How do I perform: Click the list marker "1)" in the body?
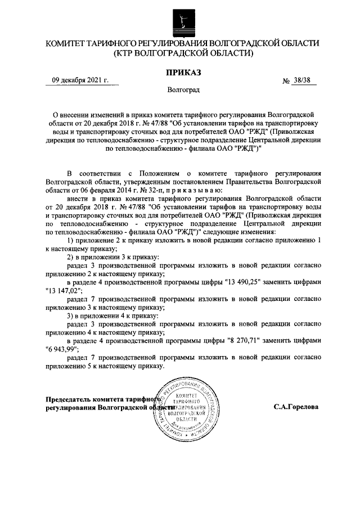(71, 241)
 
